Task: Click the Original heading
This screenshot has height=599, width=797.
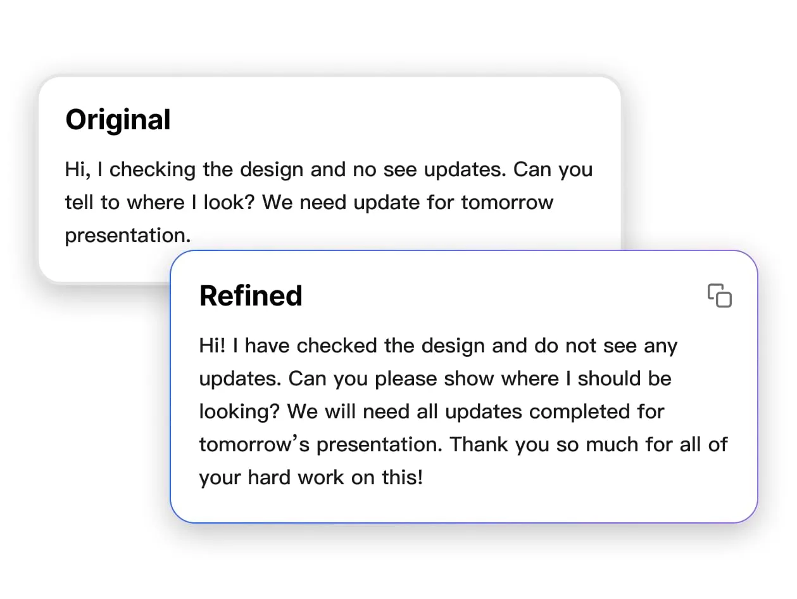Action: click(x=118, y=120)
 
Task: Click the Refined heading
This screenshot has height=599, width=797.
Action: click(x=251, y=296)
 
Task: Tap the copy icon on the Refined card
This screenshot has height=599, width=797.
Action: click(x=719, y=295)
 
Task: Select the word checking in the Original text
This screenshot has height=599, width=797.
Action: click(x=153, y=170)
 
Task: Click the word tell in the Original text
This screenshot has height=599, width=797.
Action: click(x=78, y=202)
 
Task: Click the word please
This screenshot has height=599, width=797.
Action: click(x=406, y=380)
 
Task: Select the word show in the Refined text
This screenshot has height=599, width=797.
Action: click(x=468, y=379)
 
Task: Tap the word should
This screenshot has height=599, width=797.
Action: click(x=609, y=378)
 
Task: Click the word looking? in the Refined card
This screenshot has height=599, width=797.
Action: click(x=240, y=413)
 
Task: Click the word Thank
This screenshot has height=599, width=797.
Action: click(x=479, y=444)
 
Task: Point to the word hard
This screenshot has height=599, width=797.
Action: click(x=269, y=477)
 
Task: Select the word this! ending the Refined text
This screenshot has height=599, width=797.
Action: click(x=403, y=477)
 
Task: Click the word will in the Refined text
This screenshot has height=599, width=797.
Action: click(x=340, y=411)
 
